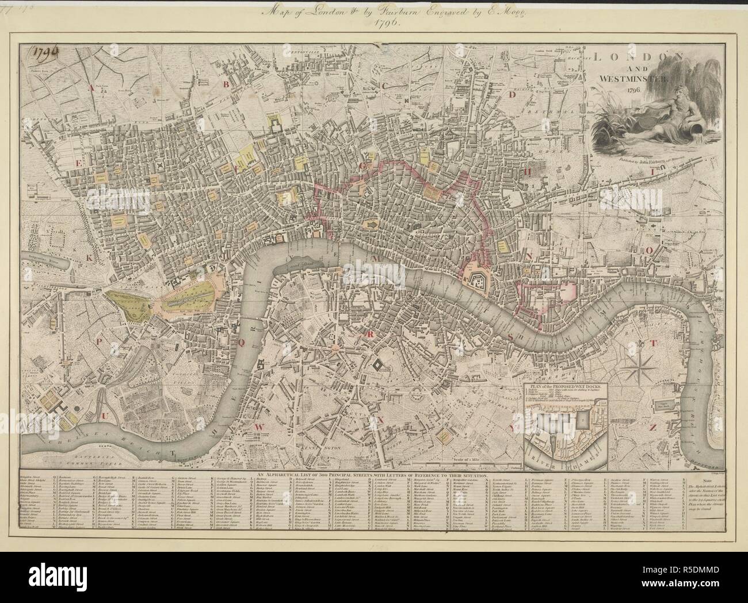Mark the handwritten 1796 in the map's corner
tap(47, 55)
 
